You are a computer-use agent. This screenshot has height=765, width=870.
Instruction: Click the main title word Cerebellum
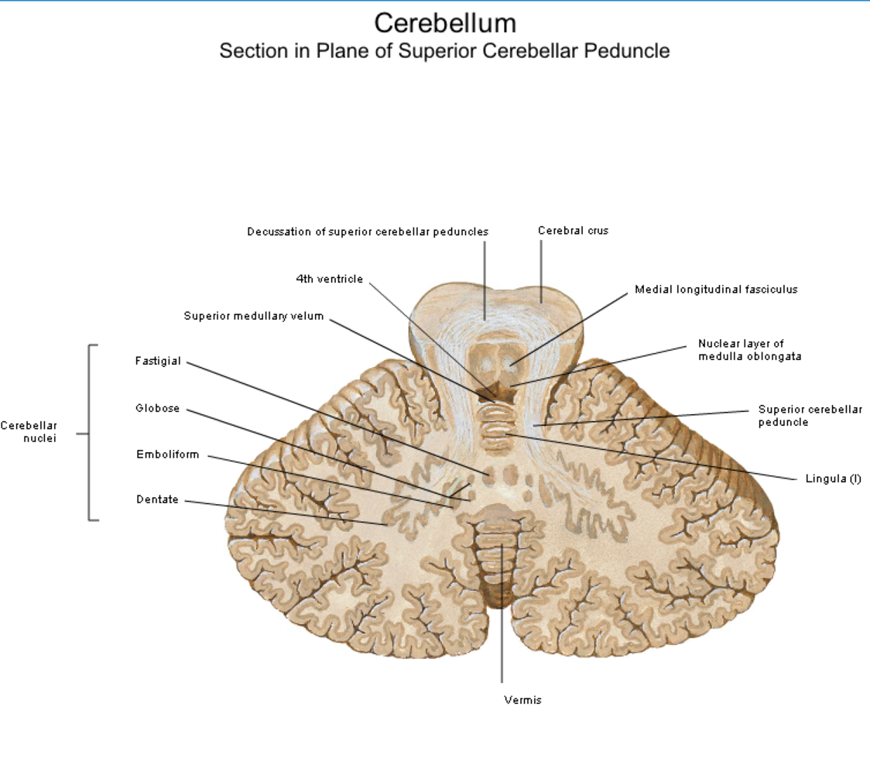tap(445, 23)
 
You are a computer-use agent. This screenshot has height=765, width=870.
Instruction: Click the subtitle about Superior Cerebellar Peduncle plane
tap(444, 50)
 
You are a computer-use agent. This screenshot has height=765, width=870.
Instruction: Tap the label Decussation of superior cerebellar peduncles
tap(368, 232)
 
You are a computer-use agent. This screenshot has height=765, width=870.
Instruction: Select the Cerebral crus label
tap(573, 231)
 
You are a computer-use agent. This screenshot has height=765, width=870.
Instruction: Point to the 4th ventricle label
tap(329, 279)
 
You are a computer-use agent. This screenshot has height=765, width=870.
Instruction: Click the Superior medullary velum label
tap(254, 316)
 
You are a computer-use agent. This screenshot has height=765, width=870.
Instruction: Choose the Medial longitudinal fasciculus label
tap(716, 290)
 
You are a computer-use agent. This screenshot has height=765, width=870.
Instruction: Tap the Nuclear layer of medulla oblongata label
tap(749, 350)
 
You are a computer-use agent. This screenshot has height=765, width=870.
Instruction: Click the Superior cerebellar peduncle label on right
tap(810, 416)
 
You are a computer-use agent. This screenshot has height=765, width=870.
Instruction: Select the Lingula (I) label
tap(833, 479)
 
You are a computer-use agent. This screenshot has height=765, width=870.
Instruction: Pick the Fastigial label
tap(158, 362)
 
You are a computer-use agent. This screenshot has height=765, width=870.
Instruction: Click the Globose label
tap(158, 408)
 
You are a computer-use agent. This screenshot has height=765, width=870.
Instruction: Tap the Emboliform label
tap(167, 454)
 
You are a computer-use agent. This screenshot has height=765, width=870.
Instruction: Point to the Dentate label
tap(158, 499)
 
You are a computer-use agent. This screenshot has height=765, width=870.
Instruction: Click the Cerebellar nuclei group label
tap(29, 432)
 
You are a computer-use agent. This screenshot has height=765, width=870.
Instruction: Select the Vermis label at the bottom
tap(522, 700)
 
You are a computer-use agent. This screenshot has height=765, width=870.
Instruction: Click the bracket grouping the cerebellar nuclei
tap(89, 433)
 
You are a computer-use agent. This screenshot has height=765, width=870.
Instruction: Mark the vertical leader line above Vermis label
tap(502, 613)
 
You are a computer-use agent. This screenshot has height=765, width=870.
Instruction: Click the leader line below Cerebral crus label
tap(542, 272)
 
